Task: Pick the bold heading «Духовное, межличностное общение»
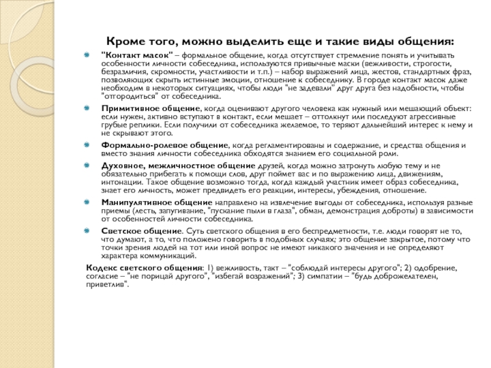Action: coord(169,166)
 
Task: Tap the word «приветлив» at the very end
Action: coord(106,285)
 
